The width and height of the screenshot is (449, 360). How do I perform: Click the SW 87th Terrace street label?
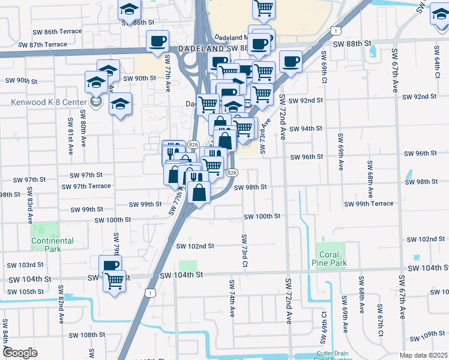43,44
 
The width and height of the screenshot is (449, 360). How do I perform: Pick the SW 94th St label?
306,129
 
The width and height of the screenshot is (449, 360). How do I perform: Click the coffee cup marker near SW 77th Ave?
158,41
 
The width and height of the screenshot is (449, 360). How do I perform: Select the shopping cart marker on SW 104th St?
114,280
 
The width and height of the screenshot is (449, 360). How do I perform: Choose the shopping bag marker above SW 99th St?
199,193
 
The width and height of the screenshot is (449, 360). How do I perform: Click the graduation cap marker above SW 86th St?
128,9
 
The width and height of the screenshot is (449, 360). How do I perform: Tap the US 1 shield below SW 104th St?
151,292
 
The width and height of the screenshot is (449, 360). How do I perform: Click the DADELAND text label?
200,49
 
